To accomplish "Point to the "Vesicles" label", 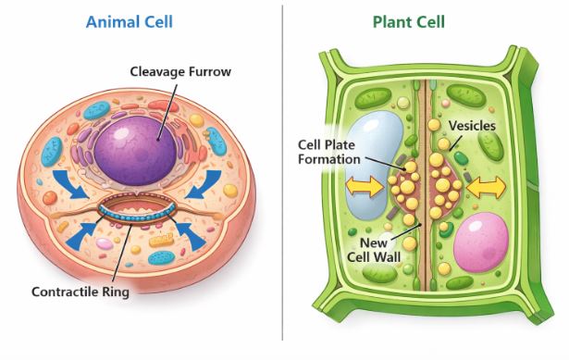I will coord(472,125).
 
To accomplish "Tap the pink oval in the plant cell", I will coord(482,242).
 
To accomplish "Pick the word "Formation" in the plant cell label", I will coord(328,159).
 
